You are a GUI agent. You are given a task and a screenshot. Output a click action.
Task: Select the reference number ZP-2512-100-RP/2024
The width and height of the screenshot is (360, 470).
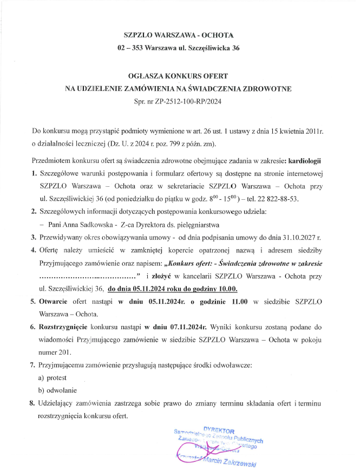point(190,101)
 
